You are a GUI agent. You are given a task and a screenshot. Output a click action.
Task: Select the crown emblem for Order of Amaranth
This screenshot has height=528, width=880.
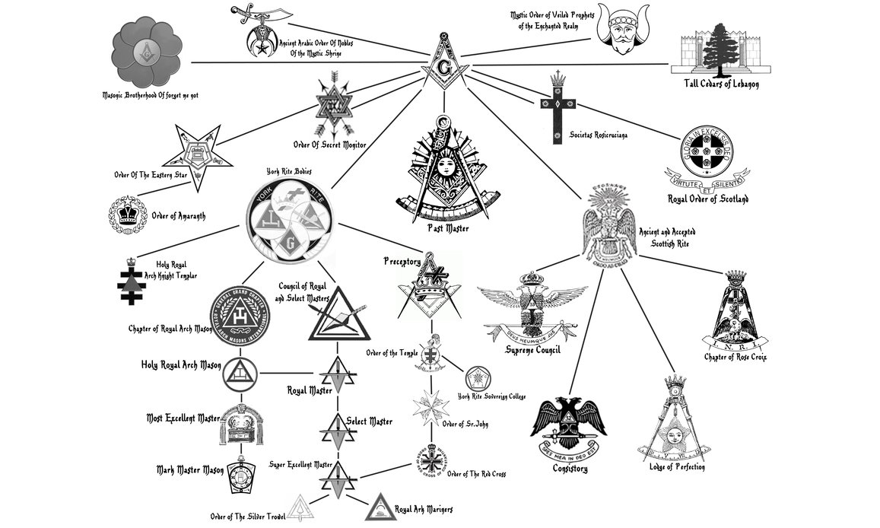click(125, 215)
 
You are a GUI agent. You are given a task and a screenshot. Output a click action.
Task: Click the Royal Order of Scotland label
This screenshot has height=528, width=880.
click(707, 199)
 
